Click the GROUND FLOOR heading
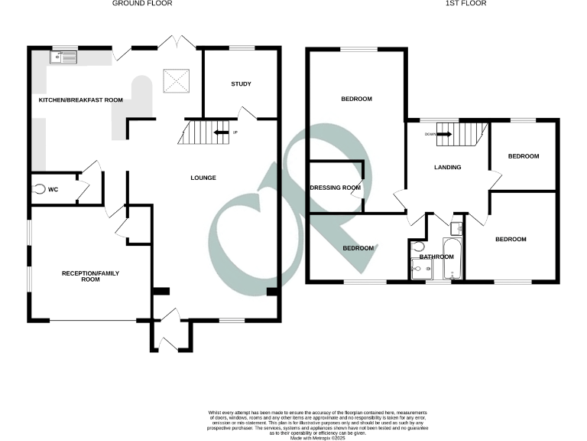[x=142, y=4]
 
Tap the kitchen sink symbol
[x=64, y=56]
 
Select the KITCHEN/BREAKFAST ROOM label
[x=81, y=100]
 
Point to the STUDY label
[x=242, y=84]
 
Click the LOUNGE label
[x=203, y=178]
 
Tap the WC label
[x=54, y=189]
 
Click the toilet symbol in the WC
[x=39, y=189]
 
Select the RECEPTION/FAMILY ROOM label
[x=91, y=276]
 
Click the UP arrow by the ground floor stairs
[x=222, y=133]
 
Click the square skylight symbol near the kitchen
[x=173, y=79]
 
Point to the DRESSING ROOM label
[x=335, y=188]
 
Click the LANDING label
[x=447, y=168]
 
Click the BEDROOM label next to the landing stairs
[x=524, y=156]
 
